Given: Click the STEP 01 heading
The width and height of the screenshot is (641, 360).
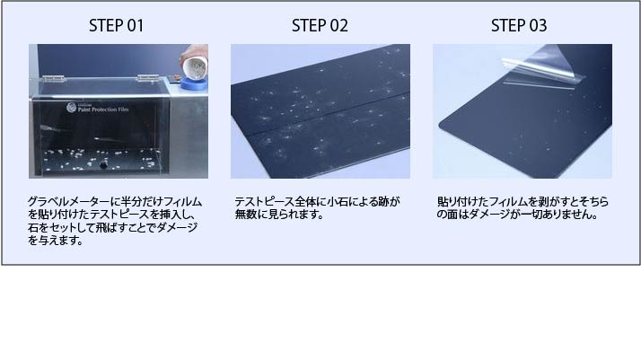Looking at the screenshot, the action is coord(116,25).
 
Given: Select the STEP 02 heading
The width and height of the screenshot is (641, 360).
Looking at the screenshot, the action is coord(320,25).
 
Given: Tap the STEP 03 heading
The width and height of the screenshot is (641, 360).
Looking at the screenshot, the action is coord(519,25).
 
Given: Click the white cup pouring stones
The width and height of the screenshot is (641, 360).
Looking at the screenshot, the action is coord(195,67).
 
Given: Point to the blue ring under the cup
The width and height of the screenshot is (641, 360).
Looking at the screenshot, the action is coord(194,84).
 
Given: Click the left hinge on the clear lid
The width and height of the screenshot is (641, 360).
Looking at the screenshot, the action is coord(53,77).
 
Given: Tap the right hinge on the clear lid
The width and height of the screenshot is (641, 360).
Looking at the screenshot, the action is coord(147,77).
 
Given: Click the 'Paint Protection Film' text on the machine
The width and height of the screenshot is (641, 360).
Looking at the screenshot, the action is coord(103,110).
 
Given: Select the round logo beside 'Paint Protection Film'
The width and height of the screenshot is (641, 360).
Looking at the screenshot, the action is coord(71,108).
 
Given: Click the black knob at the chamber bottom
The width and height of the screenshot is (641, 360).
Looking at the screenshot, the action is coord(104,165).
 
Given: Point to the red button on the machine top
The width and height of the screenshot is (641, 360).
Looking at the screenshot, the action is coord(177,77).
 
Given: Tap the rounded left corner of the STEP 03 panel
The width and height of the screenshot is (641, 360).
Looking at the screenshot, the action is coord(443,125).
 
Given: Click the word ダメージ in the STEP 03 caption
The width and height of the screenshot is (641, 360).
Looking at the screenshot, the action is coord(486,215).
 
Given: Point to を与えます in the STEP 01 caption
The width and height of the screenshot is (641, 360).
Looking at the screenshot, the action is coord(56,241).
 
